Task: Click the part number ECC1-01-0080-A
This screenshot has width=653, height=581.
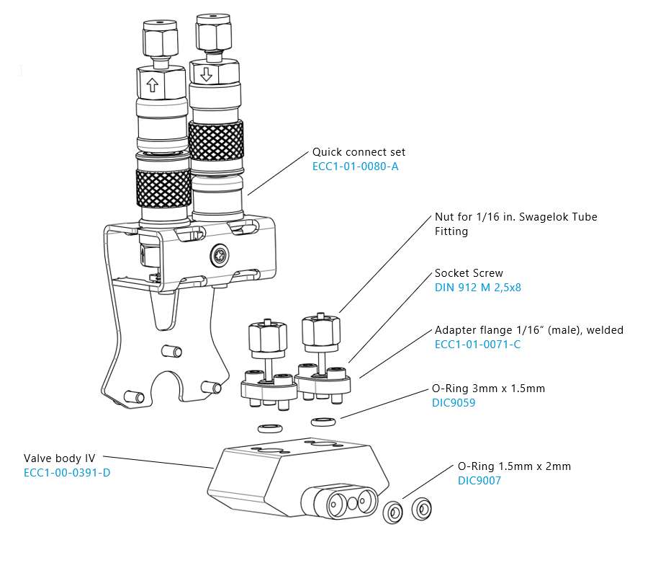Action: (x=355, y=167)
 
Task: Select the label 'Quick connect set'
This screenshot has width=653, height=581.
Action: (x=359, y=152)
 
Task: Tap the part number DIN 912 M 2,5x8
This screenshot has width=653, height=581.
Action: (x=478, y=288)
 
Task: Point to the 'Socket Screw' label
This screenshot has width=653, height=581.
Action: (x=469, y=273)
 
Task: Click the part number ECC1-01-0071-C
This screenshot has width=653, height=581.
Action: (x=477, y=345)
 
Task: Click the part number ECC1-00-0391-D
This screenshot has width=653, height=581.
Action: (x=67, y=473)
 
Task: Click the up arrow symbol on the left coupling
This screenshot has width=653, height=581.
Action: (x=153, y=84)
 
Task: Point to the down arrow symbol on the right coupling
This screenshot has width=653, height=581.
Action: (x=207, y=75)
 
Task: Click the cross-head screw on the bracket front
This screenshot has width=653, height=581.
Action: (x=220, y=255)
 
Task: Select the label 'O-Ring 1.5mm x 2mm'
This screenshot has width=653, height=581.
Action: (x=514, y=466)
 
